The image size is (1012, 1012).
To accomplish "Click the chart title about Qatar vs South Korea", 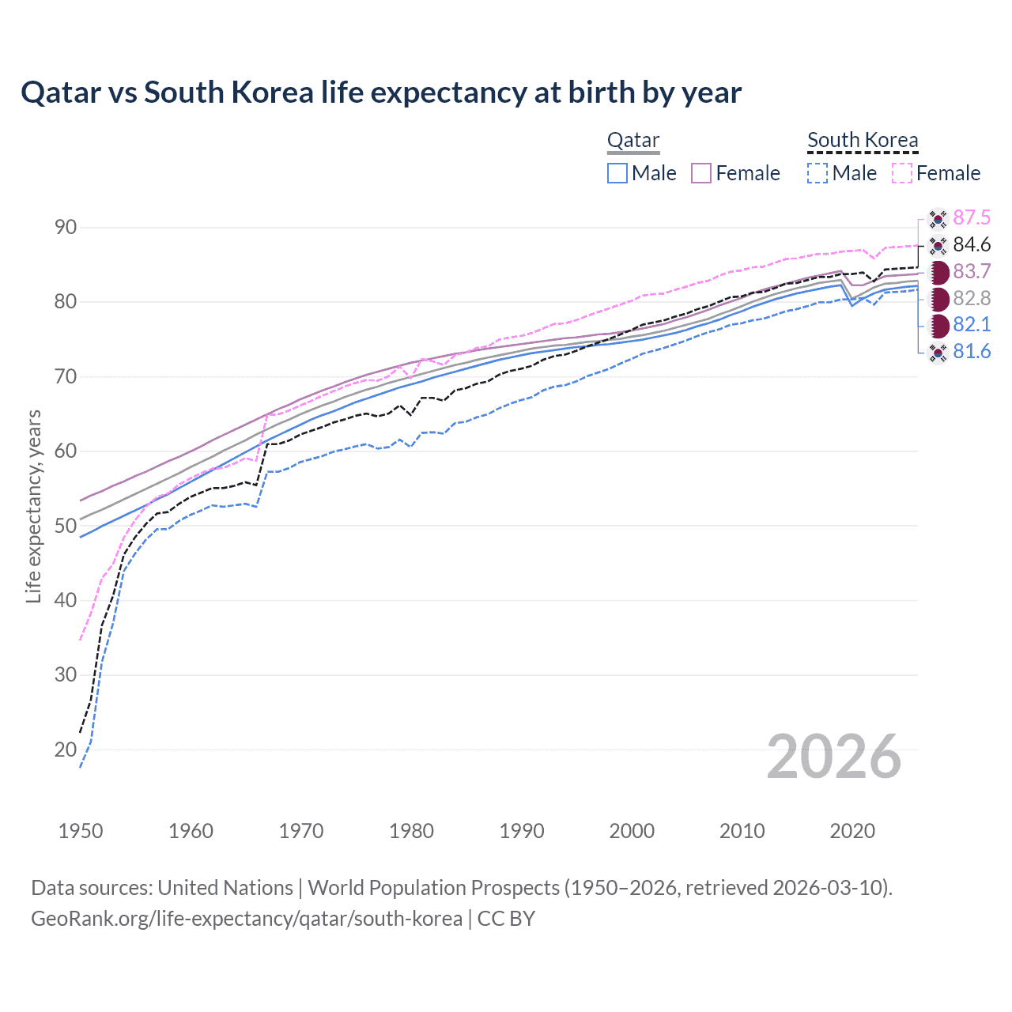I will tap(381, 93).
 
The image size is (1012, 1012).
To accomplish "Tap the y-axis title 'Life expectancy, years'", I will tap(33, 506).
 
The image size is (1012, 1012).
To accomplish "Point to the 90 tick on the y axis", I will tap(66, 228).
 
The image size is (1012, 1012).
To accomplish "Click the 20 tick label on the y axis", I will tap(66, 750).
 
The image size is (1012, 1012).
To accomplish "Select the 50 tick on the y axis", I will tap(66, 526).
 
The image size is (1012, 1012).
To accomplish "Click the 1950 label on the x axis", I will tap(81, 831).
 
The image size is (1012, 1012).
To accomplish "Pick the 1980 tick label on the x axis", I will tap(411, 831).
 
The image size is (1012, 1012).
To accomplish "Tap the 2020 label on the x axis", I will tap(852, 831).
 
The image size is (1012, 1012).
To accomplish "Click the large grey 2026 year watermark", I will tap(834, 757).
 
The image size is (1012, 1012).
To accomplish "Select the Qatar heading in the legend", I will tap(633, 140).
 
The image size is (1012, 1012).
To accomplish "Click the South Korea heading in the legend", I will tap(863, 140).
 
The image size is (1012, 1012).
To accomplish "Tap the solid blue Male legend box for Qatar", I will tap(617, 173).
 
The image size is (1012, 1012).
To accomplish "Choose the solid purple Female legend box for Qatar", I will tap(701, 173).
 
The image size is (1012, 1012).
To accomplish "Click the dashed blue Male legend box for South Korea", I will tap(818, 173).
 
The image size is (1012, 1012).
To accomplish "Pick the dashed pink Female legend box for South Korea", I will tap(902, 173).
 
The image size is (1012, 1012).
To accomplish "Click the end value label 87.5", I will tap(972, 217).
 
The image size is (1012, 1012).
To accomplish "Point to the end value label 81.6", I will tap(972, 351).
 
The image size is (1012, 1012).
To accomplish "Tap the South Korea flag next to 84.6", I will tap(938, 245).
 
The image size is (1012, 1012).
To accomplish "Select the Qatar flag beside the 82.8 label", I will tap(938, 298).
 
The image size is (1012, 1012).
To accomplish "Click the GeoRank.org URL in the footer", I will tap(247, 919).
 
